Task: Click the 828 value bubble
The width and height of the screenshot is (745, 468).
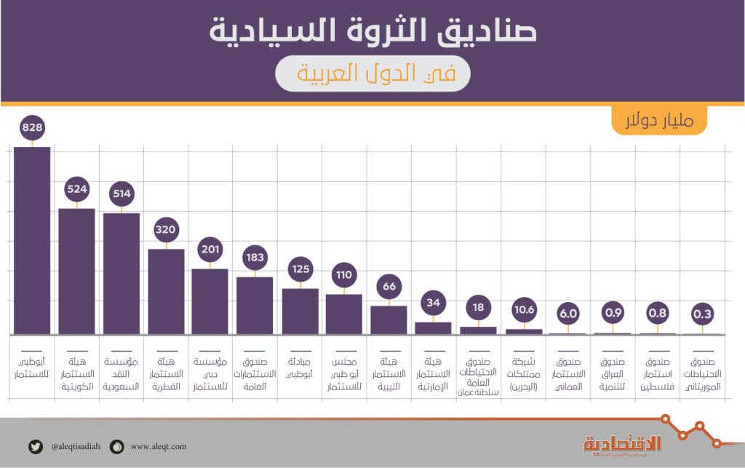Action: click(33, 128)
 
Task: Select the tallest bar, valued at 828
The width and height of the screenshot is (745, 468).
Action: click(33, 240)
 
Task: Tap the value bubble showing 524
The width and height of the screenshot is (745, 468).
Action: click(77, 189)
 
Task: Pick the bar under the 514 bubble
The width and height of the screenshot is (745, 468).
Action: click(121, 273)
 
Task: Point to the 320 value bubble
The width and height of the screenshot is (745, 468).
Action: click(166, 230)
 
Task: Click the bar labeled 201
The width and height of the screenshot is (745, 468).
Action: click(210, 301)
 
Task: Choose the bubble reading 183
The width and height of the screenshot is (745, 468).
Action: click(255, 258)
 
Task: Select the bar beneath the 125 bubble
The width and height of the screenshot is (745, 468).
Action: click(300, 311)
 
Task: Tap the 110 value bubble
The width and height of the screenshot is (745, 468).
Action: click(344, 275)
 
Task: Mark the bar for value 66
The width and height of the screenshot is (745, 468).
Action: click(389, 320)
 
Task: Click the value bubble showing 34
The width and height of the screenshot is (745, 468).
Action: click(434, 303)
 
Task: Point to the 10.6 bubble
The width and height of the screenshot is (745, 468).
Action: click(524, 310)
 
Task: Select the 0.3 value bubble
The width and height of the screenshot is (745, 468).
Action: click(702, 314)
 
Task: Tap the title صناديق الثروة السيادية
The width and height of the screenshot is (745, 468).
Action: click(372, 31)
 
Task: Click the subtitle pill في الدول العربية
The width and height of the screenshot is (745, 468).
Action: click(372, 73)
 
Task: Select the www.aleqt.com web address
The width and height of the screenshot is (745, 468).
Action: click(159, 446)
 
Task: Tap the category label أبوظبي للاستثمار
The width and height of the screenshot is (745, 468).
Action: click(33, 368)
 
